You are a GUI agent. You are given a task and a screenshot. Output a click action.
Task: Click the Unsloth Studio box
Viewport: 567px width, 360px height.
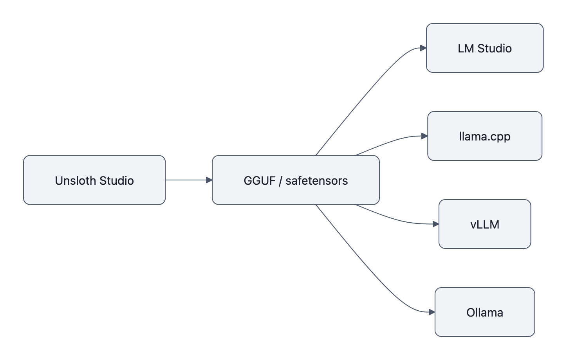(x=94, y=180)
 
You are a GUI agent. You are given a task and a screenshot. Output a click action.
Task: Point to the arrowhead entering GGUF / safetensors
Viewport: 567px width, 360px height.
(x=209, y=180)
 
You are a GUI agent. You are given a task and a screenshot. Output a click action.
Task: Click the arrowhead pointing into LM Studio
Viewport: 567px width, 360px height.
(x=423, y=48)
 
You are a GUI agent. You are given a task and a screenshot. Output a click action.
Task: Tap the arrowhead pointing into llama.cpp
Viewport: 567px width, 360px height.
(x=424, y=136)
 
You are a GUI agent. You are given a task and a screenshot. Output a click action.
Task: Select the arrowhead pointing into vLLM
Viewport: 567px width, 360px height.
(x=436, y=224)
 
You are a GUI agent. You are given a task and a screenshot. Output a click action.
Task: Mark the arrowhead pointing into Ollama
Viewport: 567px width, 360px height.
(x=432, y=312)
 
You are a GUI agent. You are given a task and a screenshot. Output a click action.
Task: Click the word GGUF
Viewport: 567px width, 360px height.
(x=260, y=180)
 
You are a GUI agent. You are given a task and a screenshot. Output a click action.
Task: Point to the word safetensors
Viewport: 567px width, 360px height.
(x=316, y=180)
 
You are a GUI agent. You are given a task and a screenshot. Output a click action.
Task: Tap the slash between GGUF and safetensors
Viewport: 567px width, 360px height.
(x=281, y=180)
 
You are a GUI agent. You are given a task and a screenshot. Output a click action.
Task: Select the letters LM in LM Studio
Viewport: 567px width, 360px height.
(x=466, y=48)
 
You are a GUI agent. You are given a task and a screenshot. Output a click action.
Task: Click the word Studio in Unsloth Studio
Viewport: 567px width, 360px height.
(x=116, y=180)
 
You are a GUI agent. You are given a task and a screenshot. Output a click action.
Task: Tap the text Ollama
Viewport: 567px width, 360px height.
(x=485, y=312)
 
